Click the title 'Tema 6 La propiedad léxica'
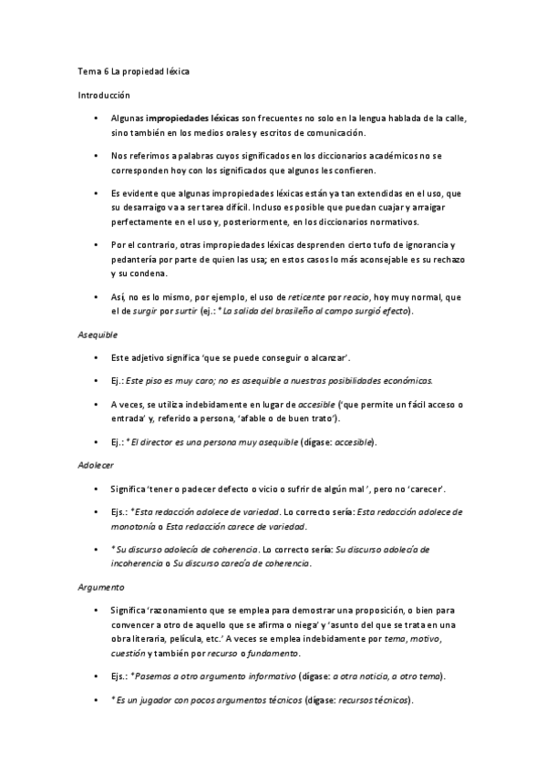133,71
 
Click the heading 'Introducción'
102,94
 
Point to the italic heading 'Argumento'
100,587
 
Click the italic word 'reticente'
307,297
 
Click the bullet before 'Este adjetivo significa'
96,357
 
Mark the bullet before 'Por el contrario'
96,245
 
